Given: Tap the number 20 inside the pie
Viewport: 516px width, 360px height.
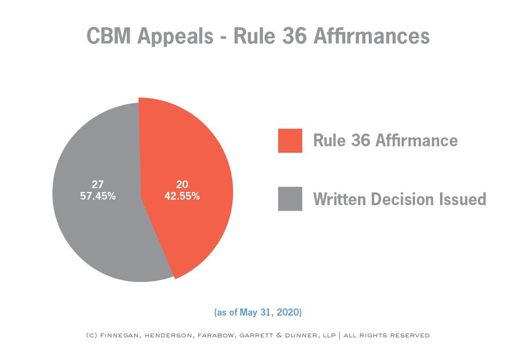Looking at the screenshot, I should tap(182, 185).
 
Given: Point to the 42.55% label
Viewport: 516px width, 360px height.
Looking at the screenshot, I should tap(182, 197).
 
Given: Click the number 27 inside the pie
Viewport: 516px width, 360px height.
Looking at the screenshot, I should tap(98, 185).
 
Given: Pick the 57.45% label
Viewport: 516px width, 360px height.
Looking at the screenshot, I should tap(98, 197).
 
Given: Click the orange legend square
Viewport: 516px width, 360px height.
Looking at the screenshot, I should tap(290, 140).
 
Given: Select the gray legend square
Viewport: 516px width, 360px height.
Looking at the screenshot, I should tap(290, 199).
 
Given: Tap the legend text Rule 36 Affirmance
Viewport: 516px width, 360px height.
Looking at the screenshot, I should tap(385, 140).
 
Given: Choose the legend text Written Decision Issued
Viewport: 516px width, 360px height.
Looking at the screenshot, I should tap(399, 199).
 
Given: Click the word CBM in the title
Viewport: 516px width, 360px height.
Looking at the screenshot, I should tap(108, 36).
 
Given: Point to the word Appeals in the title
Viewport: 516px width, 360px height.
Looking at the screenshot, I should tap(175, 37).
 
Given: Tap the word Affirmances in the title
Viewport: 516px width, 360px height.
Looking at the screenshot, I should tap(371, 36).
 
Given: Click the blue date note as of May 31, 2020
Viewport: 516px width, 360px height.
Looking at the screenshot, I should tap(258, 313).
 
